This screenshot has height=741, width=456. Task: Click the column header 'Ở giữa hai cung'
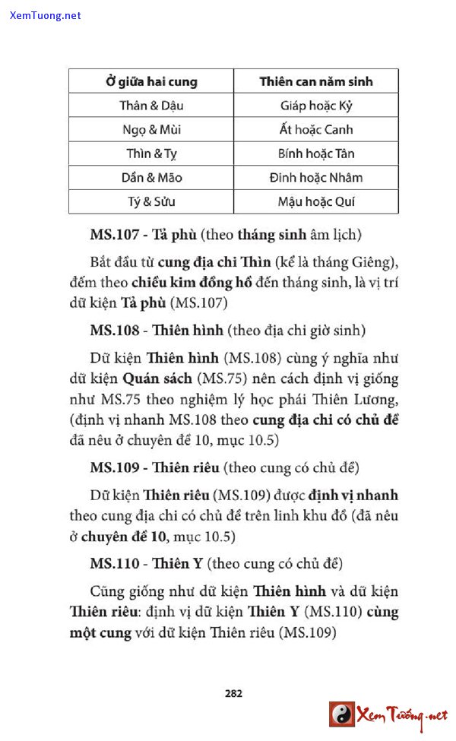[x=151, y=81]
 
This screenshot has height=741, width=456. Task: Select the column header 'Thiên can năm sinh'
[x=315, y=81]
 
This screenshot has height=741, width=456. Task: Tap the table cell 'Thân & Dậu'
[x=151, y=106]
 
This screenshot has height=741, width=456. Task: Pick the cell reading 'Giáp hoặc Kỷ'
[x=315, y=106]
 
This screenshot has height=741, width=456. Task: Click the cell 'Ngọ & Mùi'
[x=151, y=130]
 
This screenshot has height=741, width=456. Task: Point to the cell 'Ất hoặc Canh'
[x=315, y=130]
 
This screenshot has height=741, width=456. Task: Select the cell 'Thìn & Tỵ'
[x=151, y=154]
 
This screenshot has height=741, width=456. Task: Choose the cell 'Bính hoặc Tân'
[x=315, y=154]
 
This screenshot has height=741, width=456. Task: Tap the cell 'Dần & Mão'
[x=151, y=178]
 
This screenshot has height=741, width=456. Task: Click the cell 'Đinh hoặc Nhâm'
[x=315, y=178]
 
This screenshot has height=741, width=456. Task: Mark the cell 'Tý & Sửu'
[x=151, y=202]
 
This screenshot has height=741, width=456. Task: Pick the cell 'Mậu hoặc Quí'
[x=315, y=202]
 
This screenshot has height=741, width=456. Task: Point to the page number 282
[x=233, y=692]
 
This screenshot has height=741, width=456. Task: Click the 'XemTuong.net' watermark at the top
[x=46, y=15]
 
